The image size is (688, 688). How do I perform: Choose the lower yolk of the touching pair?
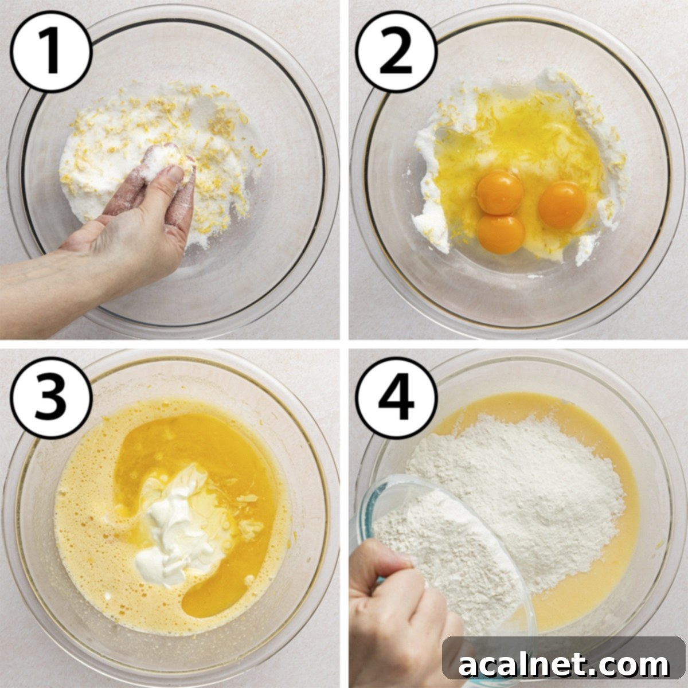tap(501, 233)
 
